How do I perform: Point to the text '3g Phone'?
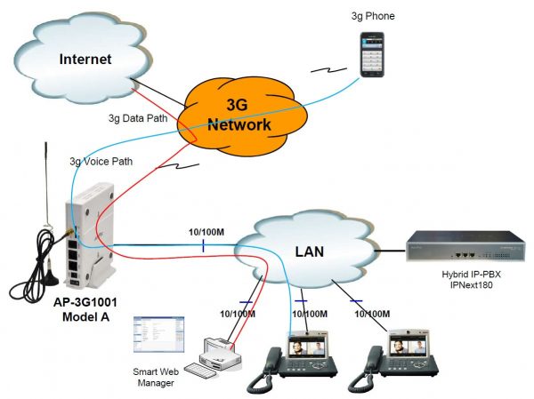click(371, 17)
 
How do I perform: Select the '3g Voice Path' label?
click(100, 162)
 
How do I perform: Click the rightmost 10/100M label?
click(375, 315)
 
